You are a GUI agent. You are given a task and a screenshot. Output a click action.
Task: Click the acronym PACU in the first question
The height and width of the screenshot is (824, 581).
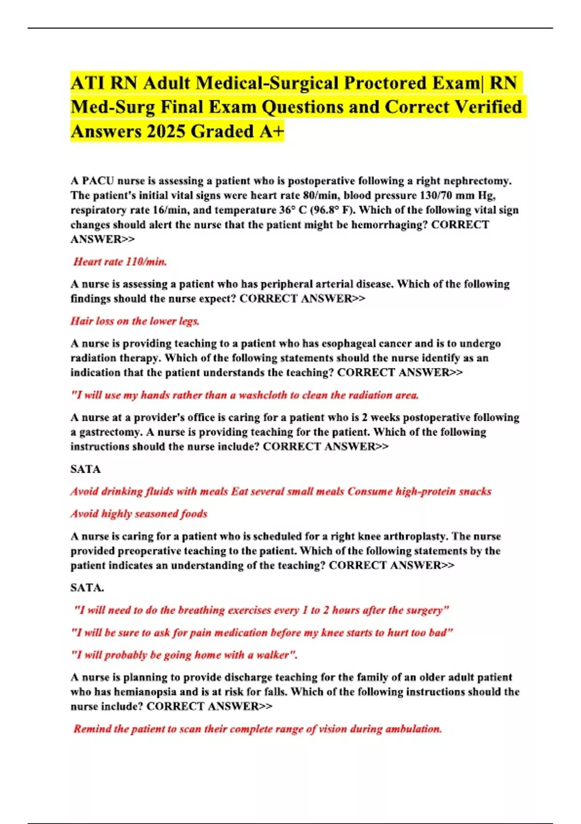click(98, 181)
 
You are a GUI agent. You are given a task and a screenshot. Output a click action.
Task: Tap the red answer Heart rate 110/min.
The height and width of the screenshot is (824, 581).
click(120, 262)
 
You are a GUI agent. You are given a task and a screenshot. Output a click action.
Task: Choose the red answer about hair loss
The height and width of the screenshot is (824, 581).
click(135, 321)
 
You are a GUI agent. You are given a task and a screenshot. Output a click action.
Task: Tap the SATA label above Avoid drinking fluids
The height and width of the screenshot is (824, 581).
click(86, 469)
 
